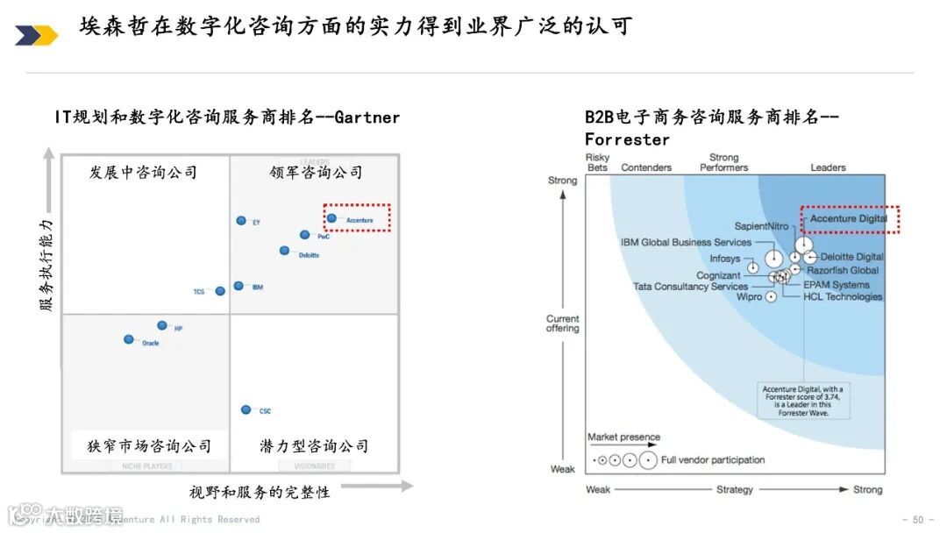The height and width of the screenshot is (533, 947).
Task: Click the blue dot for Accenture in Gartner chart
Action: [x=331, y=218]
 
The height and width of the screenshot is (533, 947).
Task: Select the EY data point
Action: [x=241, y=221]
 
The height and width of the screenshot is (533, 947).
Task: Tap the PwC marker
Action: [x=304, y=235]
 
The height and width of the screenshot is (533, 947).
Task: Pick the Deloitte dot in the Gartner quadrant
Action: [x=284, y=251]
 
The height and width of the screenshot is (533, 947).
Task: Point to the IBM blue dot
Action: [x=239, y=286]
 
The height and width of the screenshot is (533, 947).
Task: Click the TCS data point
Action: [x=220, y=291]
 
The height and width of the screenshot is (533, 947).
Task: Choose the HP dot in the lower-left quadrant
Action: [x=162, y=325]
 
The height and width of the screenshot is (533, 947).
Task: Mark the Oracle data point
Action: [x=129, y=339]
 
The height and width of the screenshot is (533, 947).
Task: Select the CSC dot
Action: [x=246, y=409]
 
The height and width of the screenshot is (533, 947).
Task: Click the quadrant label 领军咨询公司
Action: [x=316, y=173]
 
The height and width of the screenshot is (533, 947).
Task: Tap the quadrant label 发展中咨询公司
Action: [x=143, y=173]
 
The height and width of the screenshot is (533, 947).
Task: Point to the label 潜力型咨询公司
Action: [x=314, y=446]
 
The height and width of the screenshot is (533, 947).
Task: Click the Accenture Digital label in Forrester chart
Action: [x=848, y=218]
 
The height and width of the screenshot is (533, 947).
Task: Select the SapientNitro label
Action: [x=761, y=226]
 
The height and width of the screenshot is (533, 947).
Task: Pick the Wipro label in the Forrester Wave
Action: [x=749, y=297]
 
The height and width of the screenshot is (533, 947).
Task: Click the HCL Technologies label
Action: [x=843, y=297]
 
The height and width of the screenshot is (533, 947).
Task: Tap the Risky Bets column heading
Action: [x=597, y=162]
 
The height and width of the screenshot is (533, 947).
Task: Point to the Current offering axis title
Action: [x=563, y=323]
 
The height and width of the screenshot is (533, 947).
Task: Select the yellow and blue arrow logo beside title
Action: [x=36, y=35]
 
